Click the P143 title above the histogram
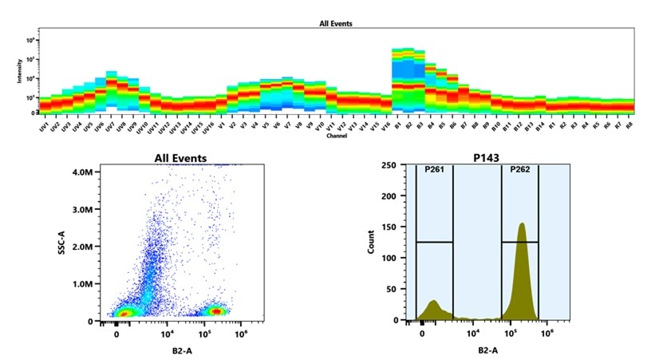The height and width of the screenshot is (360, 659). point(486,158)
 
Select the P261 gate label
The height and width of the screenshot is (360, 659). point(434,170)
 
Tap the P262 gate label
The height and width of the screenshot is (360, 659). point(519,170)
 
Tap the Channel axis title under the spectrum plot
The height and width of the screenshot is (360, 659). point(336,136)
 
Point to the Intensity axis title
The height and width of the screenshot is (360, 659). point(21,72)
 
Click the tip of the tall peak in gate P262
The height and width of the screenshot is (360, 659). point(521,224)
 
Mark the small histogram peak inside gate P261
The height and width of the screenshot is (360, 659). point(433,302)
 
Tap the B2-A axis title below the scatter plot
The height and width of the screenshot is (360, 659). point(178,349)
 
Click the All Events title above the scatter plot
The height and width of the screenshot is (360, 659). point(180,158)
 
